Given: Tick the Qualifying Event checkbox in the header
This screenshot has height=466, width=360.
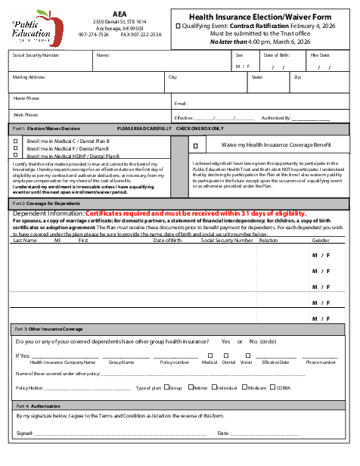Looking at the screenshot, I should (x=178, y=26).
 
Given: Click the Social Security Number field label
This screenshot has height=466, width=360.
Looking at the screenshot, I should (x=36, y=55).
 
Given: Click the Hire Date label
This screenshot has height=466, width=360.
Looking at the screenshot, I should (x=320, y=55).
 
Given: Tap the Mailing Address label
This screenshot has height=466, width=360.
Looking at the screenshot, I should (x=29, y=77).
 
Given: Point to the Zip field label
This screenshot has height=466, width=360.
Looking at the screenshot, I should (x=297, y=77).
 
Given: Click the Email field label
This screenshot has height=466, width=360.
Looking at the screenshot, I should (x=181, y=104).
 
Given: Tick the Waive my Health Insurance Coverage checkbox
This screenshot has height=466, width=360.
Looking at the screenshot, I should (x=195, y=144).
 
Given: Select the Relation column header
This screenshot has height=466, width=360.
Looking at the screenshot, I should (x=268, y=241).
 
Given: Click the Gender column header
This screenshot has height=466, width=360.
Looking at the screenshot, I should (x=321, y=241).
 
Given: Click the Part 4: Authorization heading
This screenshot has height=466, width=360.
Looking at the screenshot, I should (x=38, y=407).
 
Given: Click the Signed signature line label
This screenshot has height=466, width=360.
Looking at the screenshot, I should (x=24, y=433).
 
